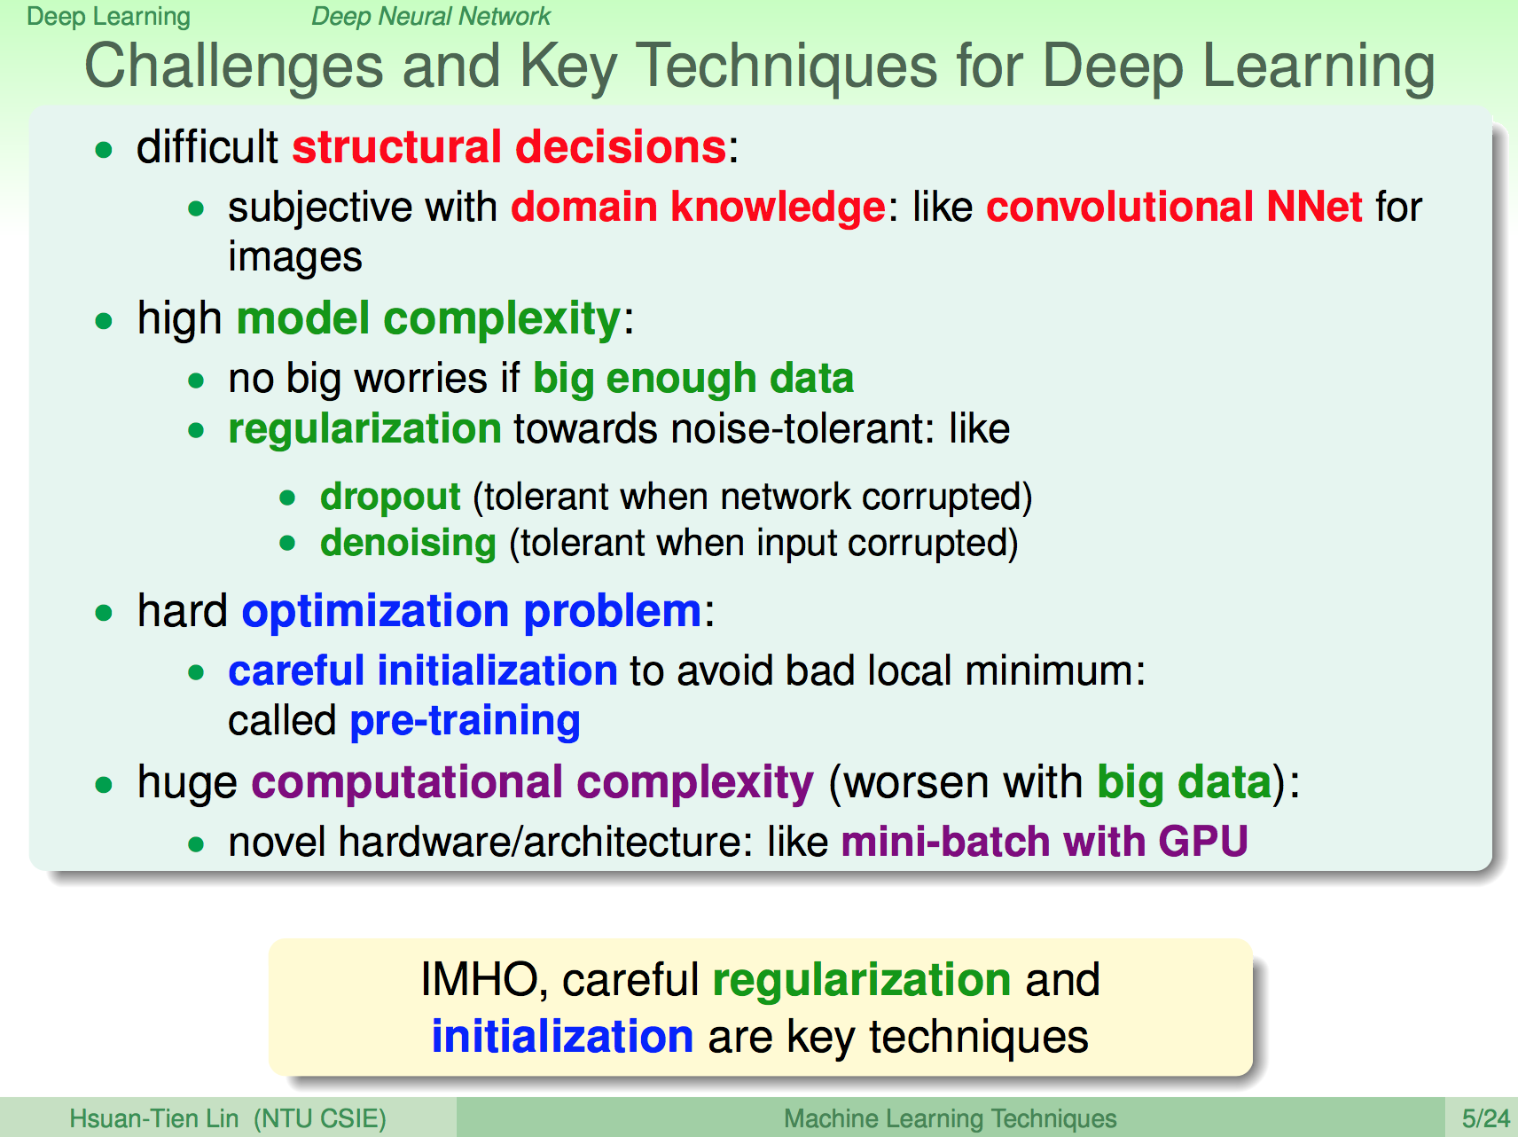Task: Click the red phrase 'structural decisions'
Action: pos(510,146)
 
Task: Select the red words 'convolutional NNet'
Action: pos(1174,207)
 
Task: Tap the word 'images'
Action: pos(295,257)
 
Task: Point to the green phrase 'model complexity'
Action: pos(429,319)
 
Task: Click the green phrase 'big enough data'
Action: pos(693,379)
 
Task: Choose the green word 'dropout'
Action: pos(390,498)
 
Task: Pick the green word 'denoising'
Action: pos(408,544)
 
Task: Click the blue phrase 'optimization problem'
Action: pos(472,612)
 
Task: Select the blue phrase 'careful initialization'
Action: pos(423,670)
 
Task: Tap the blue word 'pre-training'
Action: pos(466,722)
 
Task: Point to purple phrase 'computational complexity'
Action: pos(532,783)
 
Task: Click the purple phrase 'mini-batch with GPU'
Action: pos(1045,842)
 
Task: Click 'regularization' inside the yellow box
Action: pos(862,981)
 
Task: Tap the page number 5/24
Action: pos(1485,1118)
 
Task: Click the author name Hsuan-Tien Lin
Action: pos(154,1118)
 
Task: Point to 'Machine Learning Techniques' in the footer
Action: pos(950,1119)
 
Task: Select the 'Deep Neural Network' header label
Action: pos(431,16)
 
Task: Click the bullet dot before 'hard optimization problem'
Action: pos(105,612)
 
